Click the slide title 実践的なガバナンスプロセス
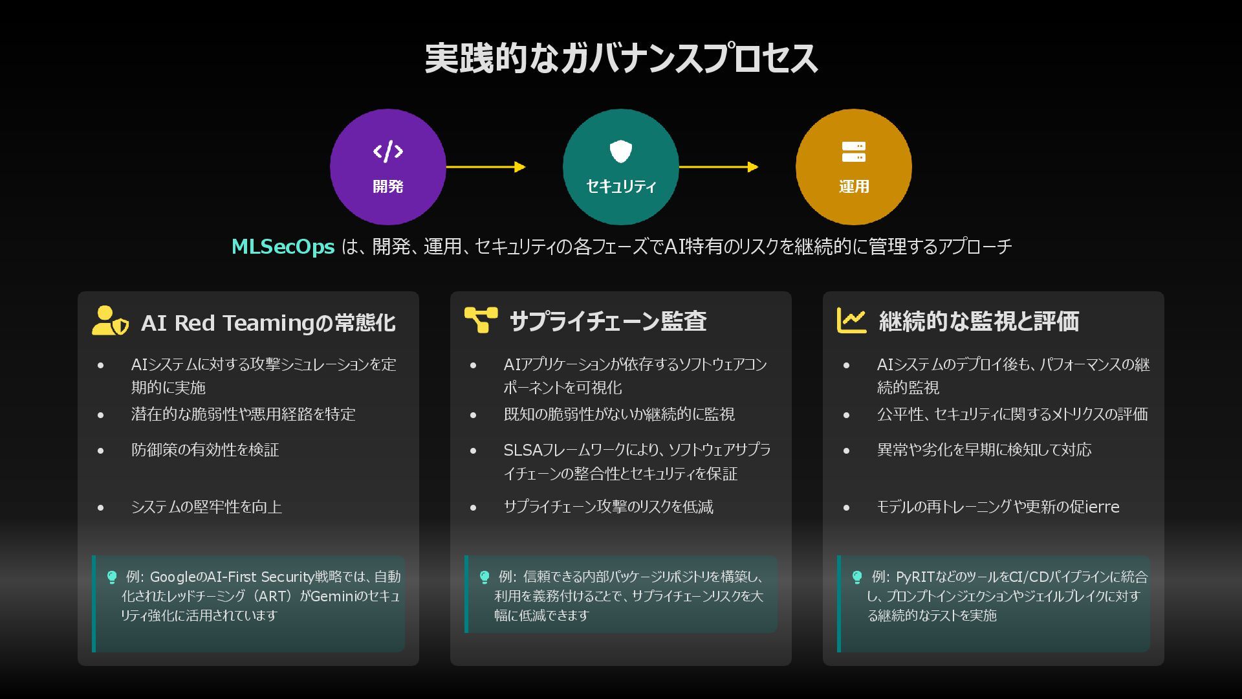[621, 58]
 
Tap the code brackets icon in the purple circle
[387, 151]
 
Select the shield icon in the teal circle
[621, 151]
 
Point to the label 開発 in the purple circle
[387, 186]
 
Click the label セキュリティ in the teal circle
[621, 186]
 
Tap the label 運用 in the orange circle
[853, 186]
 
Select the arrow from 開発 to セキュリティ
[486, 167]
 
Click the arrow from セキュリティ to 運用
[719, 167]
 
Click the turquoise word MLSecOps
[283, 247]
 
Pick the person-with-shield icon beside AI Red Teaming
[109, 321]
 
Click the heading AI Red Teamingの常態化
[268, 322]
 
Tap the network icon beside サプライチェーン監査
[481, 320]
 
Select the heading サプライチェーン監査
[607, 321]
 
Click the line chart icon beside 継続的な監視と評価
[851, 320]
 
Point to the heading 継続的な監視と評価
[979, 321]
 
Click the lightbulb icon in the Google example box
[112, 577]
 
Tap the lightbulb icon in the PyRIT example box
[857, 577]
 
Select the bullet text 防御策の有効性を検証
[205, 450]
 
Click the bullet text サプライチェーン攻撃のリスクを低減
[608, 507]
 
